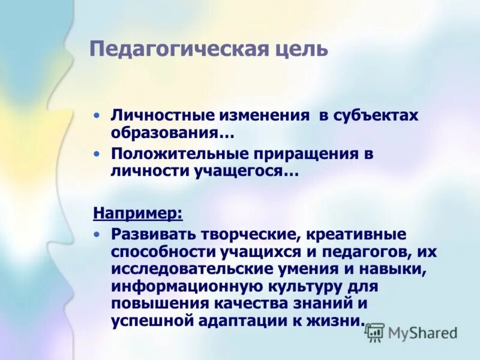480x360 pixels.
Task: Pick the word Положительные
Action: (175, 154)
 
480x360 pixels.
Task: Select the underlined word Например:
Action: (138, 212)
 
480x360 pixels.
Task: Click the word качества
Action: (253, 304)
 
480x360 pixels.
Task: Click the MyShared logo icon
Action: (374, 332)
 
